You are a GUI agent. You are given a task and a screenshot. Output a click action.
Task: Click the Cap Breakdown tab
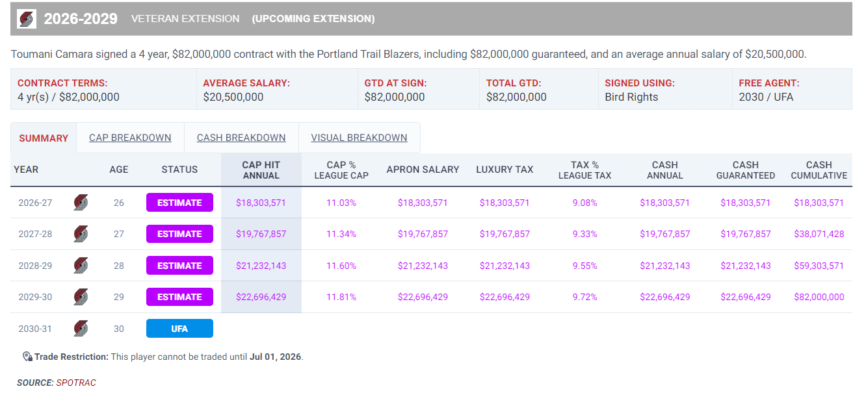130,138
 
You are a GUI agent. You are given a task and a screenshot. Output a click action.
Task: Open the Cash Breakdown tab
241,138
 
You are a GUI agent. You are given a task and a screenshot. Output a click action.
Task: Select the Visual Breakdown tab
359,138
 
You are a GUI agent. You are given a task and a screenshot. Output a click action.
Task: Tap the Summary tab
44,138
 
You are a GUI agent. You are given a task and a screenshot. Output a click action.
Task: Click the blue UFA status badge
179,329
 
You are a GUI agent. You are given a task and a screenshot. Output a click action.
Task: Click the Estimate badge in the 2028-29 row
179,266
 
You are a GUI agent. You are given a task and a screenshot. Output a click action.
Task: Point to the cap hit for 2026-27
261,203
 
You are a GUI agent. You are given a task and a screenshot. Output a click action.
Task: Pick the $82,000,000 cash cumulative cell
819,297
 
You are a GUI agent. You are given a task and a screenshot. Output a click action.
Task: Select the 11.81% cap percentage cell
341,297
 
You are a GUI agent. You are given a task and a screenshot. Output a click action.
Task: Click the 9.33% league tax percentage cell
584,234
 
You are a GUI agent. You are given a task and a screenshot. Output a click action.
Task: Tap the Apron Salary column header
423,170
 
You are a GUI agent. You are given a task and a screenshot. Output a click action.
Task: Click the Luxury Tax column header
505,170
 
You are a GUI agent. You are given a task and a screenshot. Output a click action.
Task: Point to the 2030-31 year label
35,329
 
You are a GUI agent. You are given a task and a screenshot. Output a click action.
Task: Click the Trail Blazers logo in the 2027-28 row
81,234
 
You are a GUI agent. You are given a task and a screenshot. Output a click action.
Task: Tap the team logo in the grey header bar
27,19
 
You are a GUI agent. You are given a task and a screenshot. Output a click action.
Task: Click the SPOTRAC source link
76,383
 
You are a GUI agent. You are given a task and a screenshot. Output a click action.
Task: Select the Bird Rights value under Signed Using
631,97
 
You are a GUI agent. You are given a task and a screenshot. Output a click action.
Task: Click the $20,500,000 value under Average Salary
233,97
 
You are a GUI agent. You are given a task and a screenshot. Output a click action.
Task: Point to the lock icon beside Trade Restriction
27,357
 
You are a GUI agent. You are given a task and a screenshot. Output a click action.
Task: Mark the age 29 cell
118,297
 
